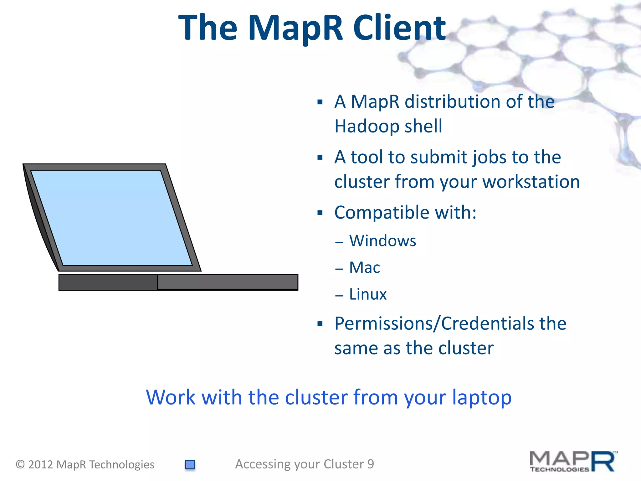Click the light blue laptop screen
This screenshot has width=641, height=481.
click(x=111, y=218)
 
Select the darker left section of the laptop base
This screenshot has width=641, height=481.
click(x=108, y=282)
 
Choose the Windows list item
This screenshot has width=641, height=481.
click(x=382, y=241)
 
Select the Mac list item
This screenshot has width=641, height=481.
click(x=364, y=268)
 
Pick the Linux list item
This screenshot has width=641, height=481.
click(x=368, y=294)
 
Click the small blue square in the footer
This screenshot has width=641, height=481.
click(x=190, y=464)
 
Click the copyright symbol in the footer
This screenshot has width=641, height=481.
click(x=20, y=464)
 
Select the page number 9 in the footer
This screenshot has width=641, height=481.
click(x=371, y=464)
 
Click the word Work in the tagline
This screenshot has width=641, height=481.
click(x=171, y=397)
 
